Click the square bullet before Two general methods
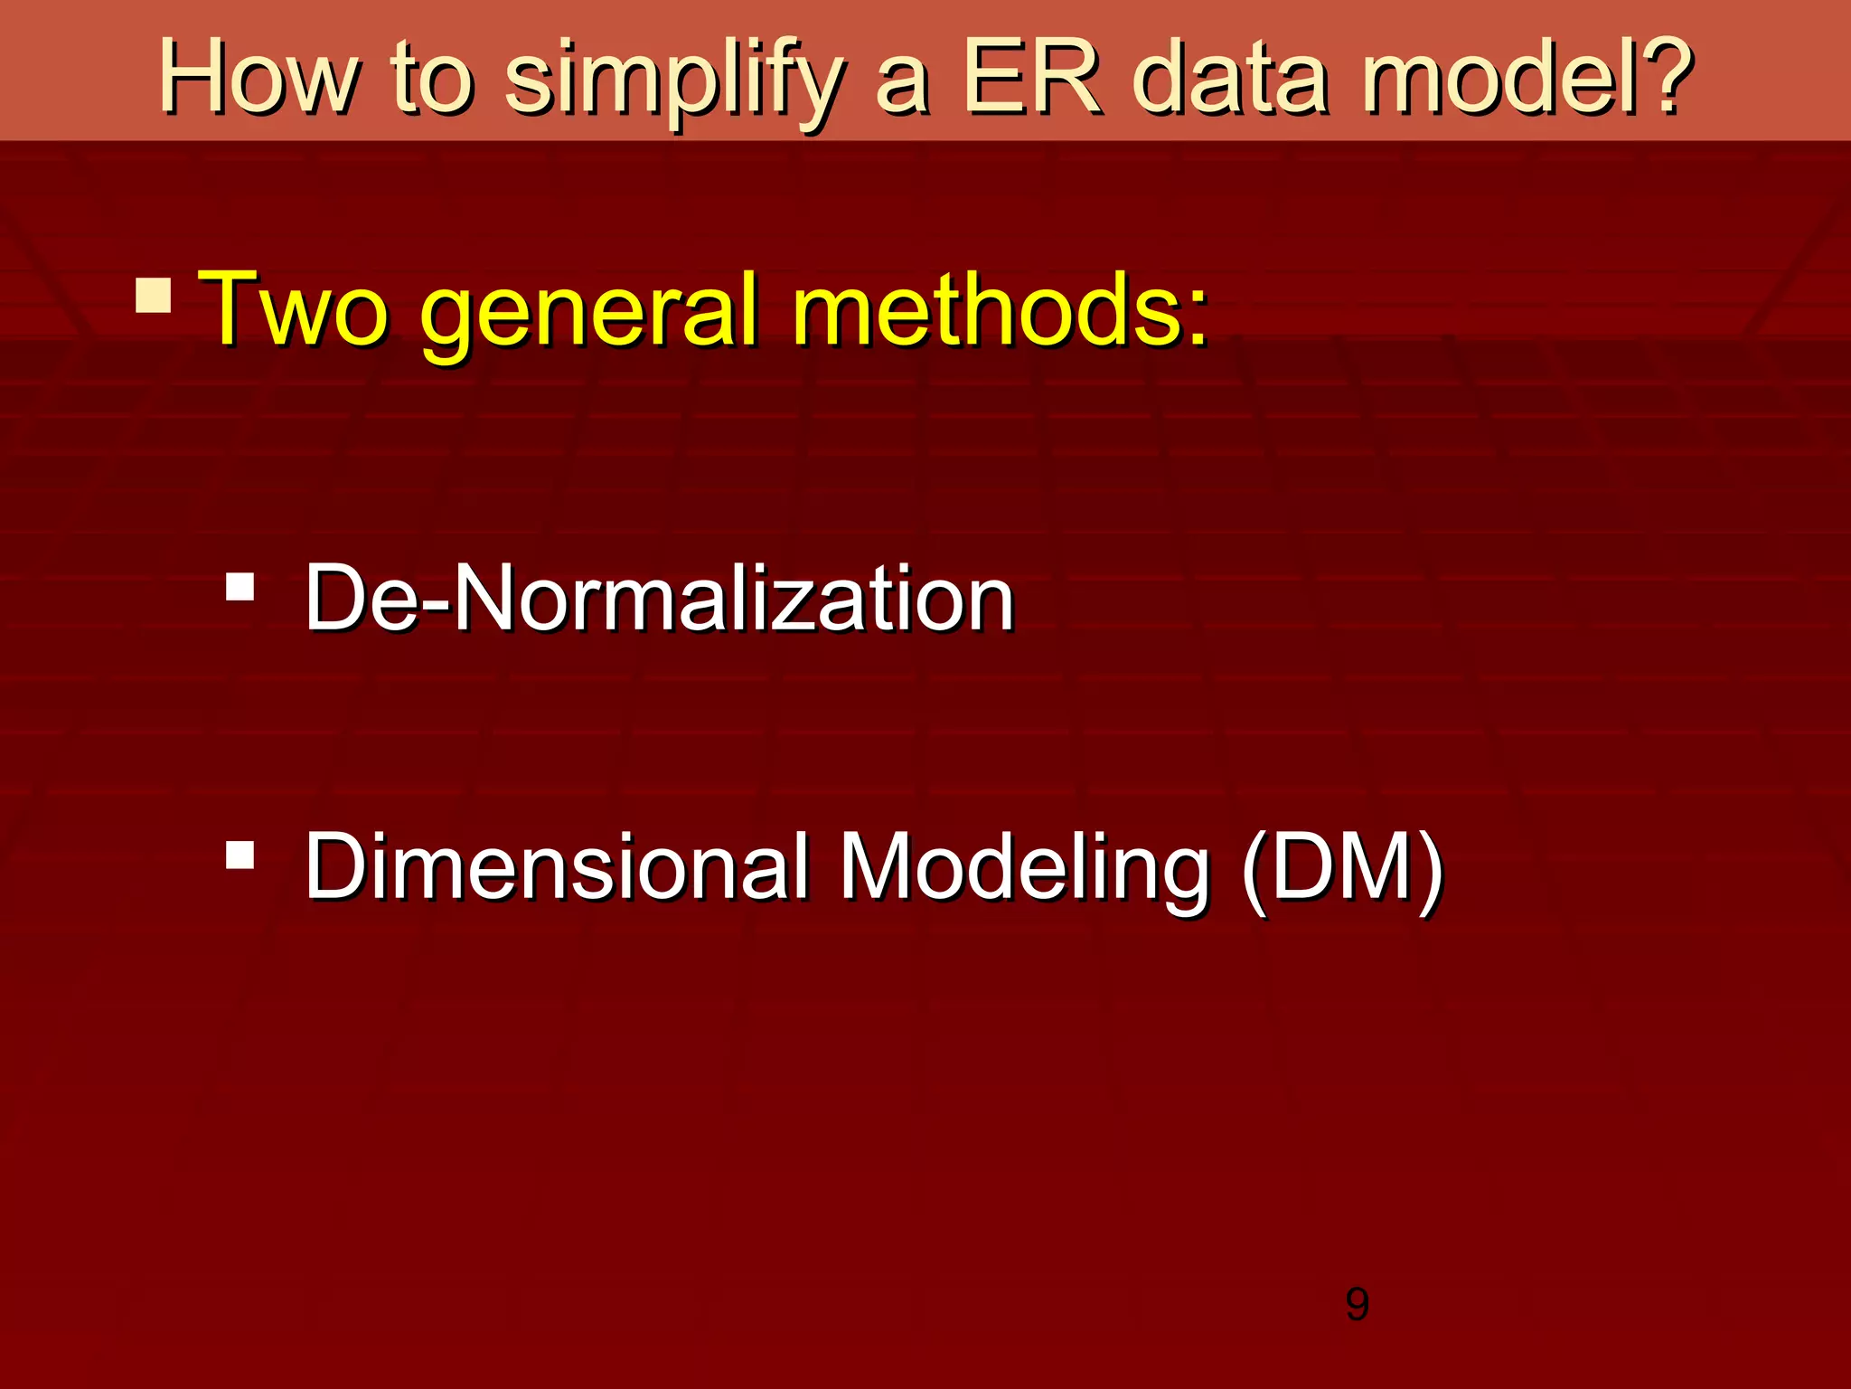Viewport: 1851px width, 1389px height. tap(154, 295)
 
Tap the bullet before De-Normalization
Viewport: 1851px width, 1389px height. tap(240, 587)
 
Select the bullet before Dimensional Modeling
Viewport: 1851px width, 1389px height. tap(240, 855)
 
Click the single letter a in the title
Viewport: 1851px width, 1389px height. tap(902, 86)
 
